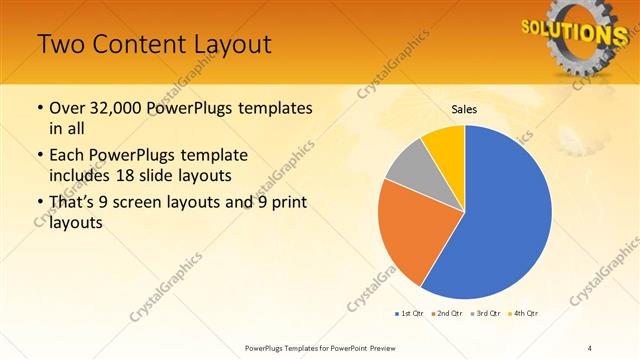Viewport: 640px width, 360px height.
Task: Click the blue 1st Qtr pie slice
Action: click(505, 215)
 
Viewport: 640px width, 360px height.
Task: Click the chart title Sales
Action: click(464, 108)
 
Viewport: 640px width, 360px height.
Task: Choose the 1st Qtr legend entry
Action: click(409, 314)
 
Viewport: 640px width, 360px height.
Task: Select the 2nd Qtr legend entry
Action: click(446, 314)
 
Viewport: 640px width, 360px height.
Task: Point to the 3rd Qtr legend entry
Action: click(484, 314)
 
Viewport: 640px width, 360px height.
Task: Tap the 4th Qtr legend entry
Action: click(522, 314)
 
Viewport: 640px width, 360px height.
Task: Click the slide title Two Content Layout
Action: click(154, 45)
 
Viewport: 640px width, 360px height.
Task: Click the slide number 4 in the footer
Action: click(589, 347)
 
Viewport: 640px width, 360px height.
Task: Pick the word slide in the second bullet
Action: click(167, 175)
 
